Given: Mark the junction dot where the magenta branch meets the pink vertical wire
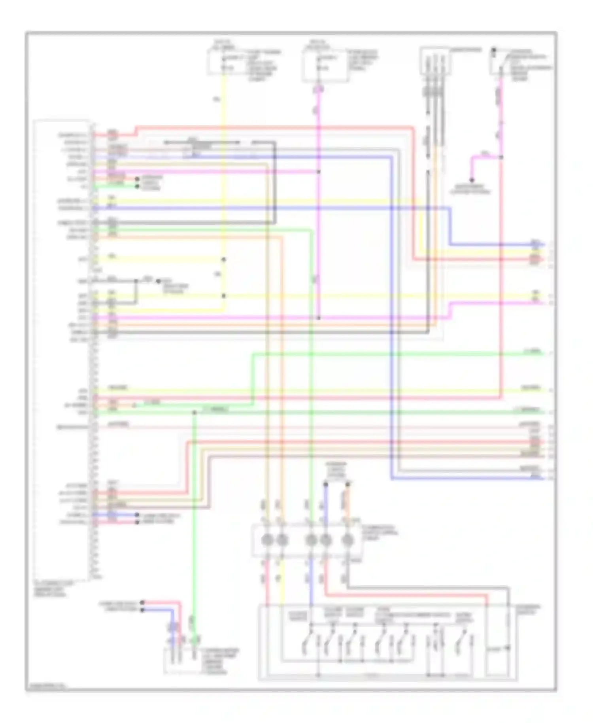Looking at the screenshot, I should (x=501, y=157).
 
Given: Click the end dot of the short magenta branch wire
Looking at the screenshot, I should (x=471, y=180).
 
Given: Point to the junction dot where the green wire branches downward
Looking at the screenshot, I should (x=195, y=413).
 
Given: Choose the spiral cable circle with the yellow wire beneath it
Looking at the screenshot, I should (x=282, y=539).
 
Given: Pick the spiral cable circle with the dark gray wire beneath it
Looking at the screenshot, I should (x=347, y=539).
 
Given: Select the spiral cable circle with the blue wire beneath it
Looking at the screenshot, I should (x=311, y=539).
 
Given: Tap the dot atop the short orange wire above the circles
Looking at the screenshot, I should (x=348, y=483).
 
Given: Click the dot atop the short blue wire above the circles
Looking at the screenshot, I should (x=326, y=483).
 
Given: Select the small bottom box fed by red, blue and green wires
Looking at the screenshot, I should (x=182, y=661).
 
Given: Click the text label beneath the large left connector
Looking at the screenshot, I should (x=54, y=589).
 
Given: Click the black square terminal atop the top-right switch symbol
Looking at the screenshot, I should (x=494, y=50).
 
